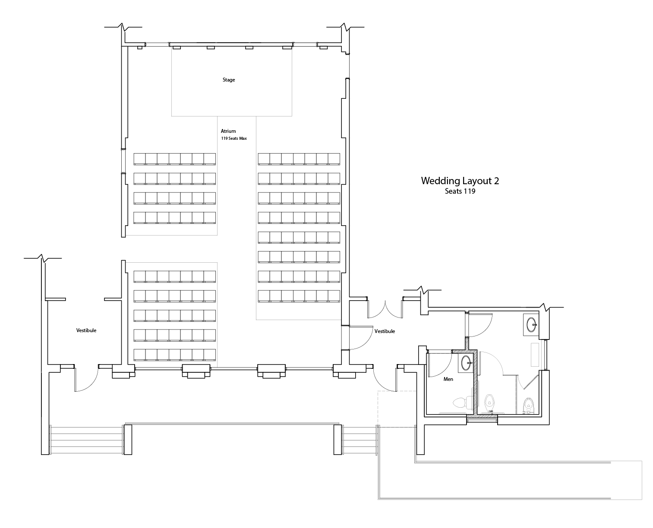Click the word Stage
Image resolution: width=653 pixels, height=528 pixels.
229,80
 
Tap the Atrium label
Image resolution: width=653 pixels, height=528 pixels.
228,131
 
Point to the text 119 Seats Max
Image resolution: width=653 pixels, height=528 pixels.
234,138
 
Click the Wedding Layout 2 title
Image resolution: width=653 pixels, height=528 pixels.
460,180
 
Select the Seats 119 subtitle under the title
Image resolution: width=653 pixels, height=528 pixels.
460,191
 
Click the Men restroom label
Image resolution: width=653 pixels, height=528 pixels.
448,379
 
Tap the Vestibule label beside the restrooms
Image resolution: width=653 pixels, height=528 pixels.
385,331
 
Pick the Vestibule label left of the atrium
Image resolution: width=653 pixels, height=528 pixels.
86,330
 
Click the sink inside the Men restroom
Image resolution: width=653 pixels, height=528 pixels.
466,363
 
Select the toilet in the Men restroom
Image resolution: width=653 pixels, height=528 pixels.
462,402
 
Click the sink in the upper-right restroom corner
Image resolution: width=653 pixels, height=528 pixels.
531,324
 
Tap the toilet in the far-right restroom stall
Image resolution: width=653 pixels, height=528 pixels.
528,405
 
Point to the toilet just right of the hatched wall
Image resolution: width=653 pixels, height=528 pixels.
489,402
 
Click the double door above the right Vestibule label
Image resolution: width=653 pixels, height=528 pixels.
385,309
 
